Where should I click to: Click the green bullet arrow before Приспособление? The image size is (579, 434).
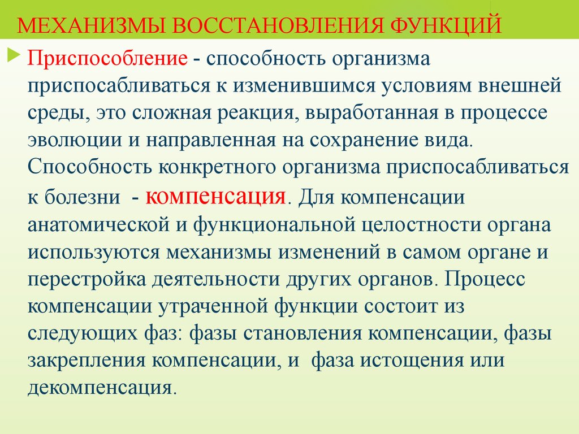click(x=14, y=55)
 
